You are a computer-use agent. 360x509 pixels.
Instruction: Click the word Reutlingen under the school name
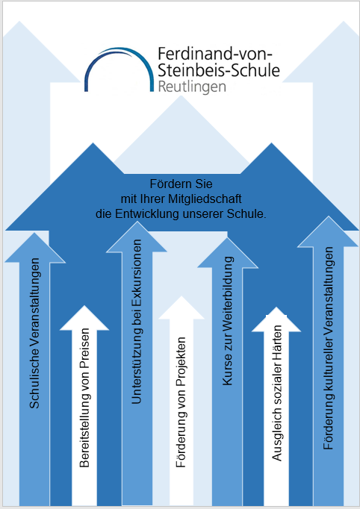point(192,87)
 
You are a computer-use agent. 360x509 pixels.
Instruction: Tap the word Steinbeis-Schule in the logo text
point(219,70)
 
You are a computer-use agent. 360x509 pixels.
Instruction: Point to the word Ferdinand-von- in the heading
point(215,54)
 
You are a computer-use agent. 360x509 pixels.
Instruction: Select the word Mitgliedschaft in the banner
point(205,199)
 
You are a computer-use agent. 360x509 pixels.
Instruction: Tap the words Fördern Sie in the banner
point(181,184)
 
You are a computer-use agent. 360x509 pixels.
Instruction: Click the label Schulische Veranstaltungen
point(34,333)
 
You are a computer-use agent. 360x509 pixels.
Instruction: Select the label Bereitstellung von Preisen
point(84,398)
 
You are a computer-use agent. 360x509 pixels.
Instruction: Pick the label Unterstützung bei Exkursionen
point(137,322)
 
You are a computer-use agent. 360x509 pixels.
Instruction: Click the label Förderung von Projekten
point(181,402)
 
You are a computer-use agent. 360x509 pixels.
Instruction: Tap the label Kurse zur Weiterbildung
point(228,321)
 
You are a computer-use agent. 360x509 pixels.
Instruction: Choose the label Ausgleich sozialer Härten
point(276,393)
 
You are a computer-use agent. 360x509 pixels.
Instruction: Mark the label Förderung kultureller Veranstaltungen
point(329,349)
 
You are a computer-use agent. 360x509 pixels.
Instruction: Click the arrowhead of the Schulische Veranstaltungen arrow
point(34,248)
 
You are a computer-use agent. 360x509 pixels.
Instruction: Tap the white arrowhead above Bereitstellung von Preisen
point(84,319)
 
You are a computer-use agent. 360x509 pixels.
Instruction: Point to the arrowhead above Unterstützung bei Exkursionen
point(137,237)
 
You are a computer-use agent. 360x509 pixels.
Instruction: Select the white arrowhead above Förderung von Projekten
point(181,308)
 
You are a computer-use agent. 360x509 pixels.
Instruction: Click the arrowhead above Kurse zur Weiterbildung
point(228,253)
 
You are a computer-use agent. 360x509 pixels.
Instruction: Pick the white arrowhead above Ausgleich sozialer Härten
point(276,319)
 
